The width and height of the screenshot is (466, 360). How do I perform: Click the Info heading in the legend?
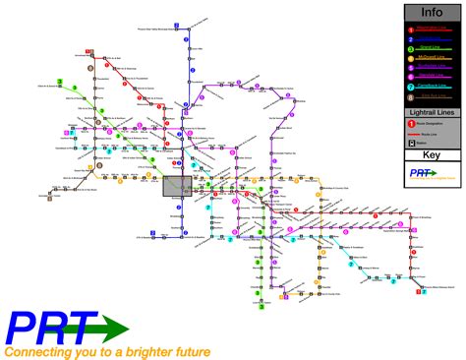[x=431, y=13]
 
